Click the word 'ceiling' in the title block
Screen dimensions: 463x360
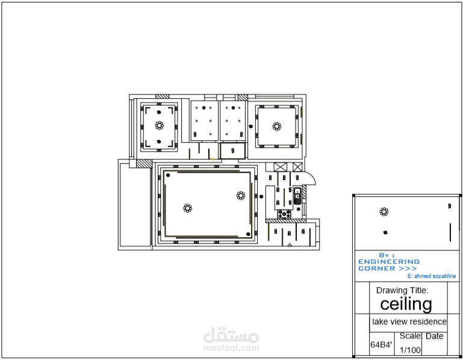click(406, 304)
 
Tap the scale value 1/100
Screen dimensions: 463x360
click(410, 350)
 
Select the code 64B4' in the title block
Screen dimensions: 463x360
click(381, 344)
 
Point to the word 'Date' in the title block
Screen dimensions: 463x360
click(435, 336)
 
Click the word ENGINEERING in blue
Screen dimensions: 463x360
click(389, 262)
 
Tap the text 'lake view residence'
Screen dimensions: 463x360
click(409, 321)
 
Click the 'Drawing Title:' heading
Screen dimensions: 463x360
click(402, 290)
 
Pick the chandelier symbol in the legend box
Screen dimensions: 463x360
click(384, 211)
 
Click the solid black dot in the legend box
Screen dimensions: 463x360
click(385, 232)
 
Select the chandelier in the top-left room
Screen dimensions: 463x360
click(159, 125)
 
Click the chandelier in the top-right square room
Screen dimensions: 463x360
click(277, 126)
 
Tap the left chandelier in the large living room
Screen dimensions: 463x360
click(187, 208)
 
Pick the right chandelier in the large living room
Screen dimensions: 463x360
click(241, 196)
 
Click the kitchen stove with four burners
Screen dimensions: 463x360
click(284, 214)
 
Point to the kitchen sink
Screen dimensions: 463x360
click(297, 196)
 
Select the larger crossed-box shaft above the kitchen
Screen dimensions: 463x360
click(280, 167)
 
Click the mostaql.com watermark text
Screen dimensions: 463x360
click(231, 348)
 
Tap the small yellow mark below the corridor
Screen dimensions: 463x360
click(213, 158)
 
